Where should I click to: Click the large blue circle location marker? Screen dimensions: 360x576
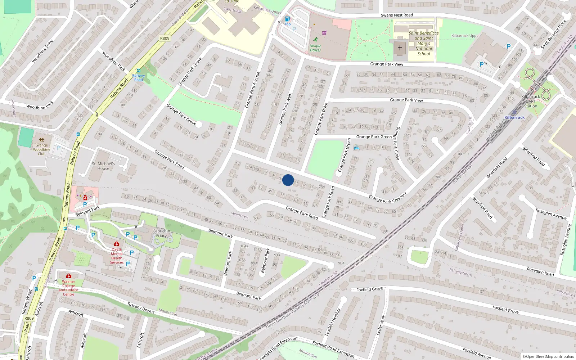tap(288, 180)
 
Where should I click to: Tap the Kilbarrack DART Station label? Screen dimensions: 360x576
tap(531, 101)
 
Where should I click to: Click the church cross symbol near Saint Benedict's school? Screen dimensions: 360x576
tap(400, 48)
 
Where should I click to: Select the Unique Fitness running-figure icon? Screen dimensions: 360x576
tap(316, 40)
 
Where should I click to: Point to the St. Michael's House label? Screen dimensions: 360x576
tap(103, 166)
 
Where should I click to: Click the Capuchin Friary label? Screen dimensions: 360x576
tap(161, 233)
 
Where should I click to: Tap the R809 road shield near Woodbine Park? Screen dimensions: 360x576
tap(165, 38)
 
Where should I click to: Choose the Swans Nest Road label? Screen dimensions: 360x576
tap(397, 15)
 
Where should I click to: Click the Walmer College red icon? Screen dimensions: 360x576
tap(68, 276)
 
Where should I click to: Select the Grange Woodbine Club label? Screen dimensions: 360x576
tap(42, 149)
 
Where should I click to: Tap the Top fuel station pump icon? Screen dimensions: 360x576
tap(287, 19)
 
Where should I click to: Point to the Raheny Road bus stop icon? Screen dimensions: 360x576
tap(139, 71)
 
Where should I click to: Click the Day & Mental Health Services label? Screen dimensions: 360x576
tap(117, 256)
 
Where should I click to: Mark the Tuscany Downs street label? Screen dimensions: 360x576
tap(141, 308)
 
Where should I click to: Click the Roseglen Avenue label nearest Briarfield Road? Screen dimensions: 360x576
tap(551, 214)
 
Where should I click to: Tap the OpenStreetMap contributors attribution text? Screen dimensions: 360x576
tap(548, 356)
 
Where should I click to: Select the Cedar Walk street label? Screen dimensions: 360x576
tap(381, 325)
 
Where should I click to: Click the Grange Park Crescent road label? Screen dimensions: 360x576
tap(388, 198)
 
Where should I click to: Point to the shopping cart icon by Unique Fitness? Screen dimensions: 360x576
tap(324, 33)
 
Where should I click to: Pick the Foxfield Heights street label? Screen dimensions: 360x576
tap(333, 322)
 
